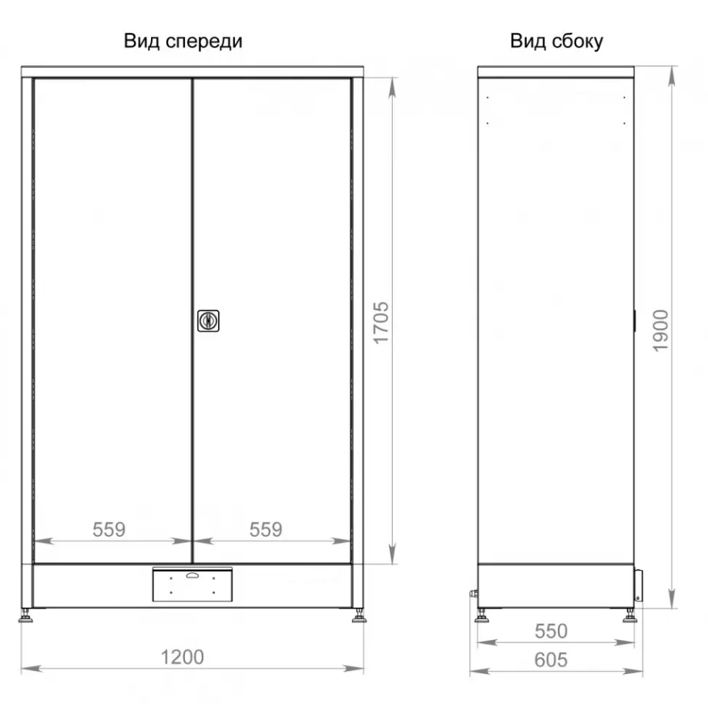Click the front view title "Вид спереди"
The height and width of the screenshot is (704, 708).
pos(183,41)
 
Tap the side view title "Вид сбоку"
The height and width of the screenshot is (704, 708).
pos(556,41)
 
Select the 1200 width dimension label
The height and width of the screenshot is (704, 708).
pos(183,657)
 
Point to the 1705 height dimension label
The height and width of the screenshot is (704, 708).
pos(381,323)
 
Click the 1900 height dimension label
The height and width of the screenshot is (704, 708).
pos(660,330)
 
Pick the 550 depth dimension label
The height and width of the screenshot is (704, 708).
pos(551,631)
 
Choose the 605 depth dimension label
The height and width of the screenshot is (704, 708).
pos(551,660)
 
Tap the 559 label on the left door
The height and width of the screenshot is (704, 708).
pos(109,529)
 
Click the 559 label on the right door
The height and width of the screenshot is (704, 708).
pos(266,529)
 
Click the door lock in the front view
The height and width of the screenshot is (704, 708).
pos(208,320)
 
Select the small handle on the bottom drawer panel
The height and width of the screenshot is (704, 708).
pos(193,575)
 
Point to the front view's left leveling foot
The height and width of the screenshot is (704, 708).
pos(25,616)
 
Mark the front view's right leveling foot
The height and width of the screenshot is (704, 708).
pos(360,616)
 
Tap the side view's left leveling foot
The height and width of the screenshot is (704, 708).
pos(482,616)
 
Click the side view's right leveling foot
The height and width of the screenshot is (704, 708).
pos(630,616)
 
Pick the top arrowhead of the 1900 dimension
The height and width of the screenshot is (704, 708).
pos(673,75)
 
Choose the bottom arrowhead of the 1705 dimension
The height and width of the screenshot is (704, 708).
pos(392,554)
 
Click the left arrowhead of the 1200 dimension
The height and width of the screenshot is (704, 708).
pos(32,669)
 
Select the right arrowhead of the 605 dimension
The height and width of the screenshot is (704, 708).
pos(633,672)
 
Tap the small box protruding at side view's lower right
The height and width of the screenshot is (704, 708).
pos(639,585)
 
